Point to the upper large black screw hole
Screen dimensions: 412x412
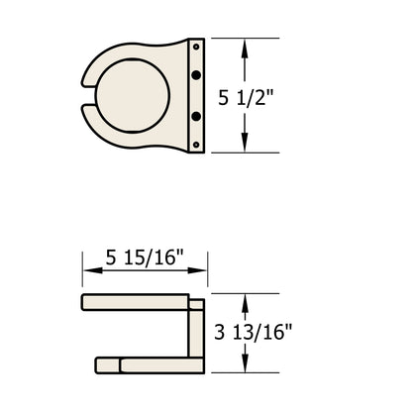(196, 75)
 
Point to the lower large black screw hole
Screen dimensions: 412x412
(196, 117)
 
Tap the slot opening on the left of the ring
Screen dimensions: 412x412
(86, 96)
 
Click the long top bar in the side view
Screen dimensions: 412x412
(134, 302)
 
